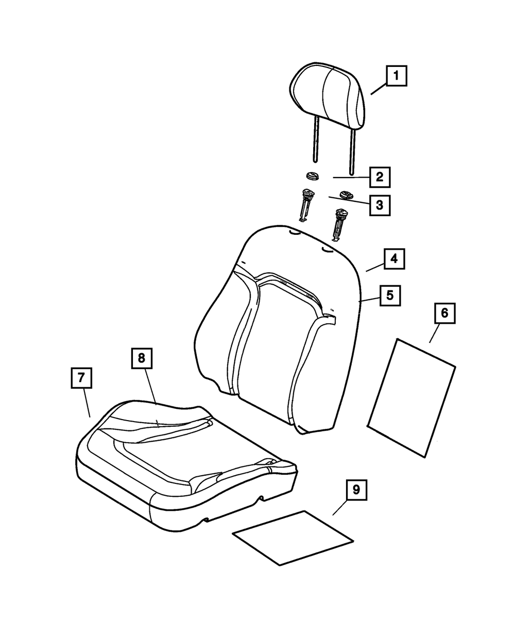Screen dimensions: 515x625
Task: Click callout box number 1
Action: tap(396, 76)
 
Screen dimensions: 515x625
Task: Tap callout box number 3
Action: tap(379, 205)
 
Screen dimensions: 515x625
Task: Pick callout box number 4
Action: tap(393, 259)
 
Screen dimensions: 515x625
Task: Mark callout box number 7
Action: tap(81, 378)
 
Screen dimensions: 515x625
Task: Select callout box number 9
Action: tap(356, 490)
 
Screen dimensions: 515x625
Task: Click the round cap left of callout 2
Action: tap(312, 176)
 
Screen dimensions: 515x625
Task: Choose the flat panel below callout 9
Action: tap(293, 538)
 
